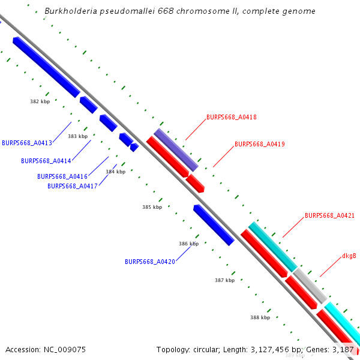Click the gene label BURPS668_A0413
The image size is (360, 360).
pyautogui.click(x=27, y=143)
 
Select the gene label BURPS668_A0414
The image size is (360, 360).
pyautogui.click(x=46, y=161)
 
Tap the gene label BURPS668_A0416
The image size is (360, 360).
pyautogui.click(x=62, y=176)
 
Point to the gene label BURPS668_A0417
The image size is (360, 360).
pyautogui.click(x=73, y=186)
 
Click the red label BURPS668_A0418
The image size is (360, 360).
pyautogui.click(x=232, y=117)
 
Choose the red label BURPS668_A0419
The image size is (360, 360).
pyautogui.click(x=260, y=144)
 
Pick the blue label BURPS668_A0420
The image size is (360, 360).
pyautogui.click(x=150, y=262)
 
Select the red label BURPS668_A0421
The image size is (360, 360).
pyautogui.click(x=330, y=215)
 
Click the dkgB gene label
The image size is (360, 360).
pyautogui.click(x=349, y=256)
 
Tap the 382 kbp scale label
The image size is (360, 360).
pyautogui.click(x=40, y=101)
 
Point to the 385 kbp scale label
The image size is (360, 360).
pyautogui.click(x=152, y=207)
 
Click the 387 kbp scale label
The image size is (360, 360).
pyautogui.click(x=225, y=280)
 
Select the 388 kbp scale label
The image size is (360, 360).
pyautogui.click(x=260, y=317)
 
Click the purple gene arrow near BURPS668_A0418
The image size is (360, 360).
pyautogui.click(x=176, y=149)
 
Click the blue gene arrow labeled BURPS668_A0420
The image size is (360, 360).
pyautogui.click(x=214, y=224)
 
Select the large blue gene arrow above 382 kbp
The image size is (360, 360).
pyautogui.click(x=46, y=66)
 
